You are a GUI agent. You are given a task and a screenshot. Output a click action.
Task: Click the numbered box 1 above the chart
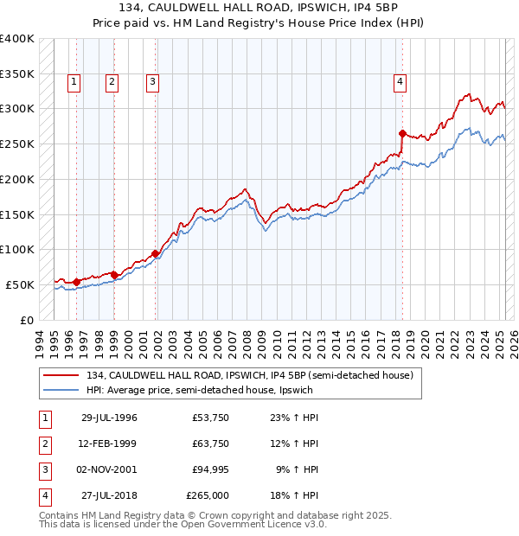click(x=74, y=83)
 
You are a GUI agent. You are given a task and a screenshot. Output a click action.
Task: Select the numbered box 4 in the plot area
click(x=400, y=83)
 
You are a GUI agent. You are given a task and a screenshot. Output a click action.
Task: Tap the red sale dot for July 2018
click(x=402, y=133)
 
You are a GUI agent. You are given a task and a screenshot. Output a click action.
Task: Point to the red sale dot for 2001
click(x=156, y=253)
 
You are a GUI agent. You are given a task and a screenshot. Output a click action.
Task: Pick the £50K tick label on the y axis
click(x=21, y=284)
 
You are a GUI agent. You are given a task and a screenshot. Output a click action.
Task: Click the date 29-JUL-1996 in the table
click(x=109, y=418)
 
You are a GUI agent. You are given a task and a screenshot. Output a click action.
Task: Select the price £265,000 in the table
click(x=208, y=495)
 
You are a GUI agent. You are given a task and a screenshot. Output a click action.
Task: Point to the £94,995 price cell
click(x=211, y=469)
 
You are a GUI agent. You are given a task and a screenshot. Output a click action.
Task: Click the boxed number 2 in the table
click(x=44, y=443)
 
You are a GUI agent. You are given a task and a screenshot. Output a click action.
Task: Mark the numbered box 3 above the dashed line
click(x=152, y=83)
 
